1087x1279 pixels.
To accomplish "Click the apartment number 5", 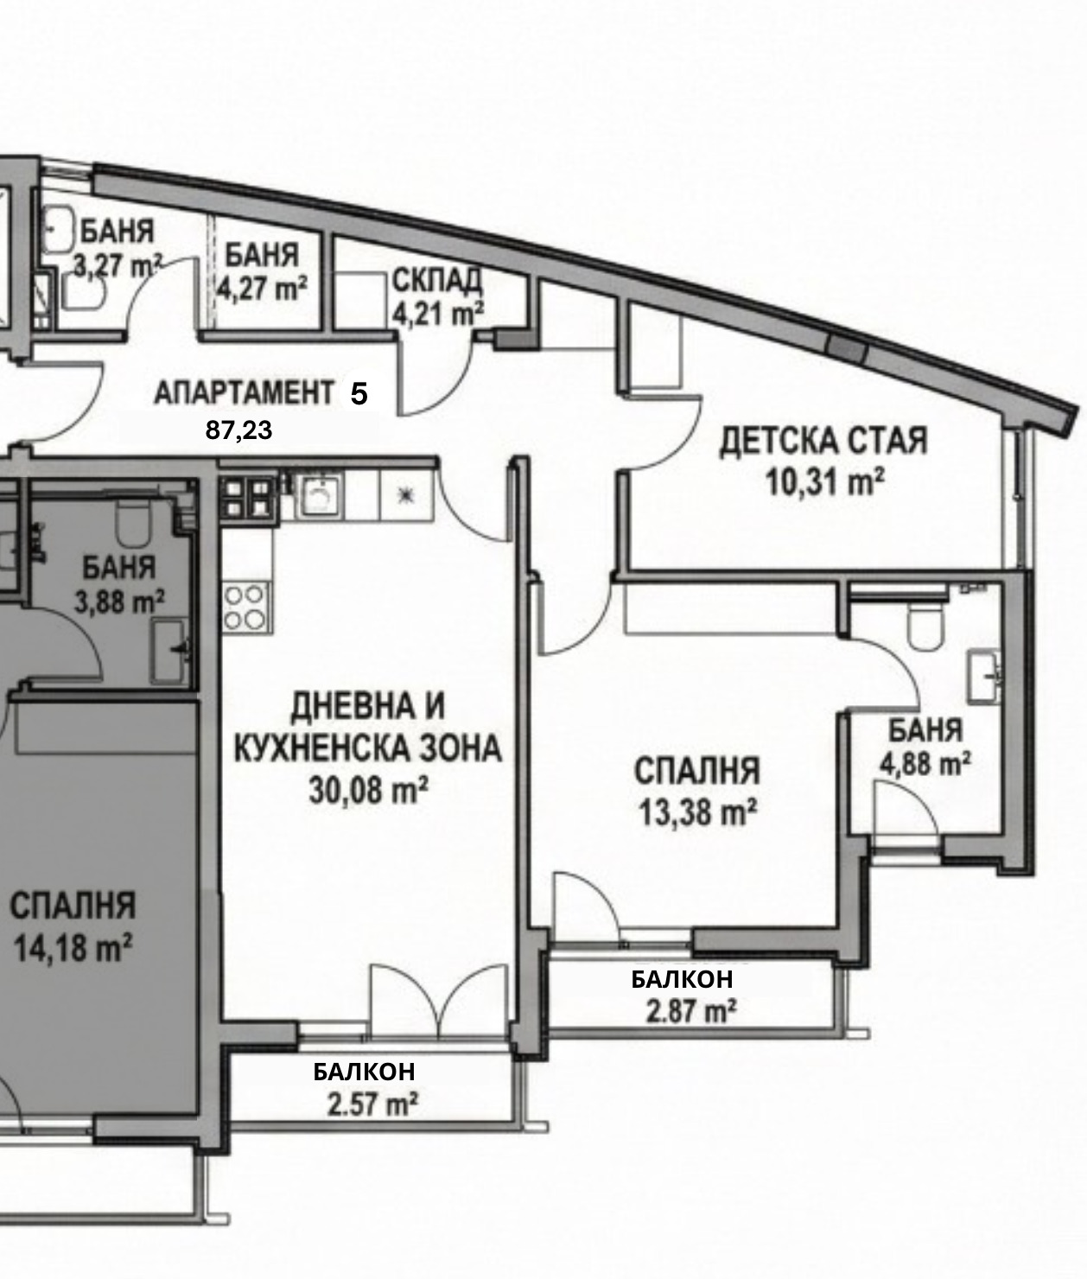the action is point(359,393).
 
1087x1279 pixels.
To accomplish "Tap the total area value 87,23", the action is point(238,430).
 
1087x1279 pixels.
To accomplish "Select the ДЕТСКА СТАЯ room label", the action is point(823,442).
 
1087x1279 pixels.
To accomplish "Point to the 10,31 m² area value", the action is point(824,481).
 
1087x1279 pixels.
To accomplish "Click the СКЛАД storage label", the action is point(437,280).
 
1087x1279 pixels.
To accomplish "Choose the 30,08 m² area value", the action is point(369,790).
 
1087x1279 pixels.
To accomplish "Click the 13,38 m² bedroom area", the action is point(697,811).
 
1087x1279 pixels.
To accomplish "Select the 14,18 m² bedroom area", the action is point(73,947).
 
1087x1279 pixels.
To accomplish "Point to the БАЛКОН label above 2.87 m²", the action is point(682,979).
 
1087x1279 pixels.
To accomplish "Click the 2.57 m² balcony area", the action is point(372,1104).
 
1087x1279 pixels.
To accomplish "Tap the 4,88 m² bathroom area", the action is point(925,764).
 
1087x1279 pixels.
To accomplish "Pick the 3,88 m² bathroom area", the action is point(119,601).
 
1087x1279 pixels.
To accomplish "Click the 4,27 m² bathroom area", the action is point(262,288).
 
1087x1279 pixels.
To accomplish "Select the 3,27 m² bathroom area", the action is point(118,266).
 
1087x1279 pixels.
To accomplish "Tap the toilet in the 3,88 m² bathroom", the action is point(133,524).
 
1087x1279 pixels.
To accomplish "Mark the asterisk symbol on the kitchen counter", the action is point(405,495).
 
